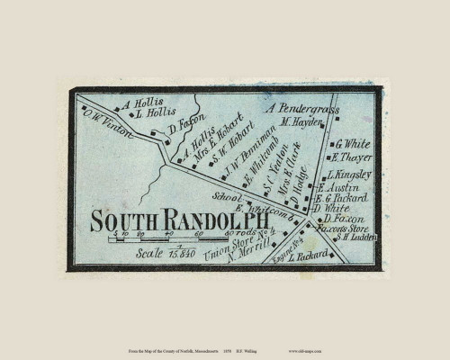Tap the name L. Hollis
150,114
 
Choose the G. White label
354,144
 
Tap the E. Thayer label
353,157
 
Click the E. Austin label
345,188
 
